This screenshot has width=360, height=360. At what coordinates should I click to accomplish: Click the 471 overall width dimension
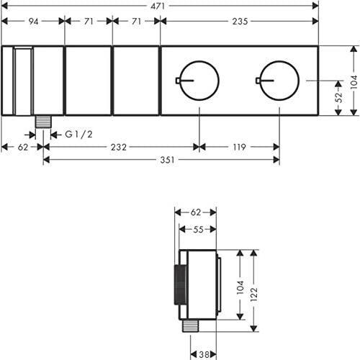click(158, 6)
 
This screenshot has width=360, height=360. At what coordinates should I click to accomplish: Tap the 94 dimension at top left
click(33, 22)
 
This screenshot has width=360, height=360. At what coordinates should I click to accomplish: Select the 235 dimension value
click(240, 22)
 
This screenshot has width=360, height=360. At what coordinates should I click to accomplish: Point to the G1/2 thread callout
click(78, 135)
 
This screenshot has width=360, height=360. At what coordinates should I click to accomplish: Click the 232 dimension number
click(119, 147)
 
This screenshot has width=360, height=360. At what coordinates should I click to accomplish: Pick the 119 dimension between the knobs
click(239, 147)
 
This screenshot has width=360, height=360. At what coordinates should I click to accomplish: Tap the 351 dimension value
click(167, 160)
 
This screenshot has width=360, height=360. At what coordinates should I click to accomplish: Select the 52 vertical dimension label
click(338, 97)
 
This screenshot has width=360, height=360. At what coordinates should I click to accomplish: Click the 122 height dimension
click(253, 294)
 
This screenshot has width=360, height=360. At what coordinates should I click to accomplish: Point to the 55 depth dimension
click(198, 230)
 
